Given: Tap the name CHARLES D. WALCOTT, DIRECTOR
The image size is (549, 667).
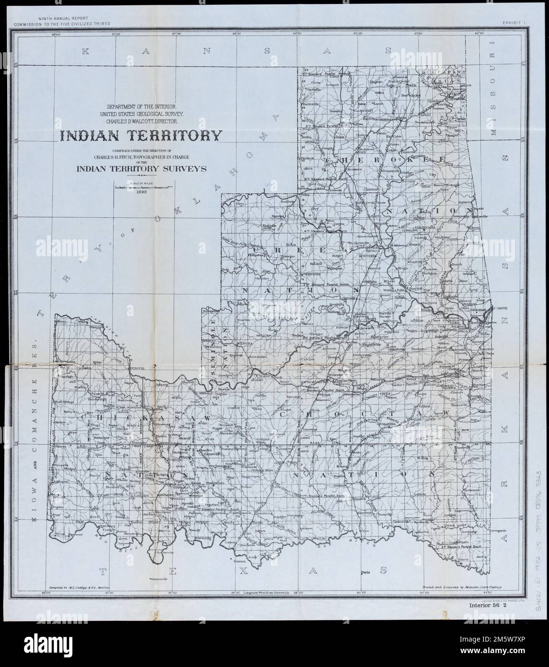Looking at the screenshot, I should click(140, 122).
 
